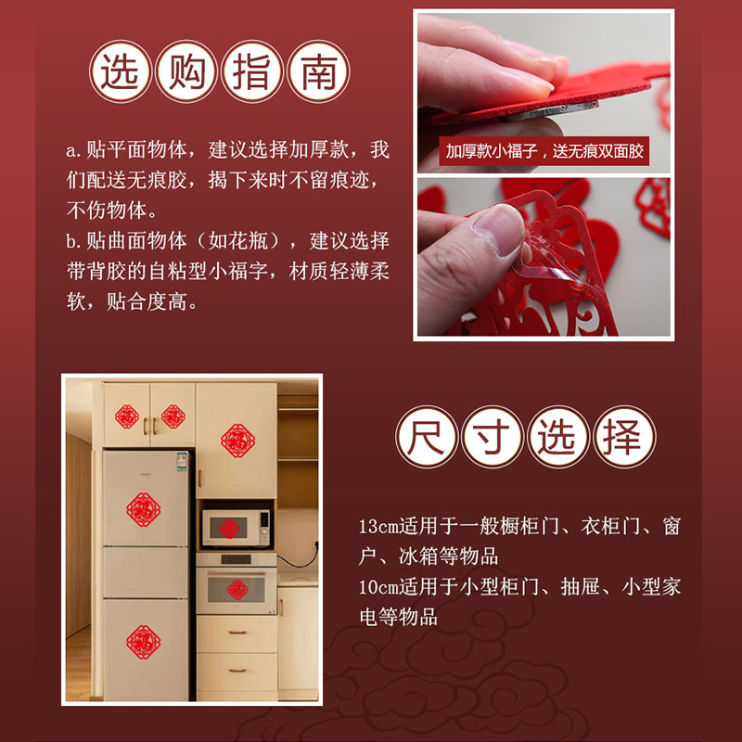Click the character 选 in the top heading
coord(122,72)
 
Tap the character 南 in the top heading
coord(317,72)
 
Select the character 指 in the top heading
coord(252,72)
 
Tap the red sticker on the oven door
coord(237,589)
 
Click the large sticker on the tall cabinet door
coord(237,438)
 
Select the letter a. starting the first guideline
coord(73,150)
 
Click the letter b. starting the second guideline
coord(73,242)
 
